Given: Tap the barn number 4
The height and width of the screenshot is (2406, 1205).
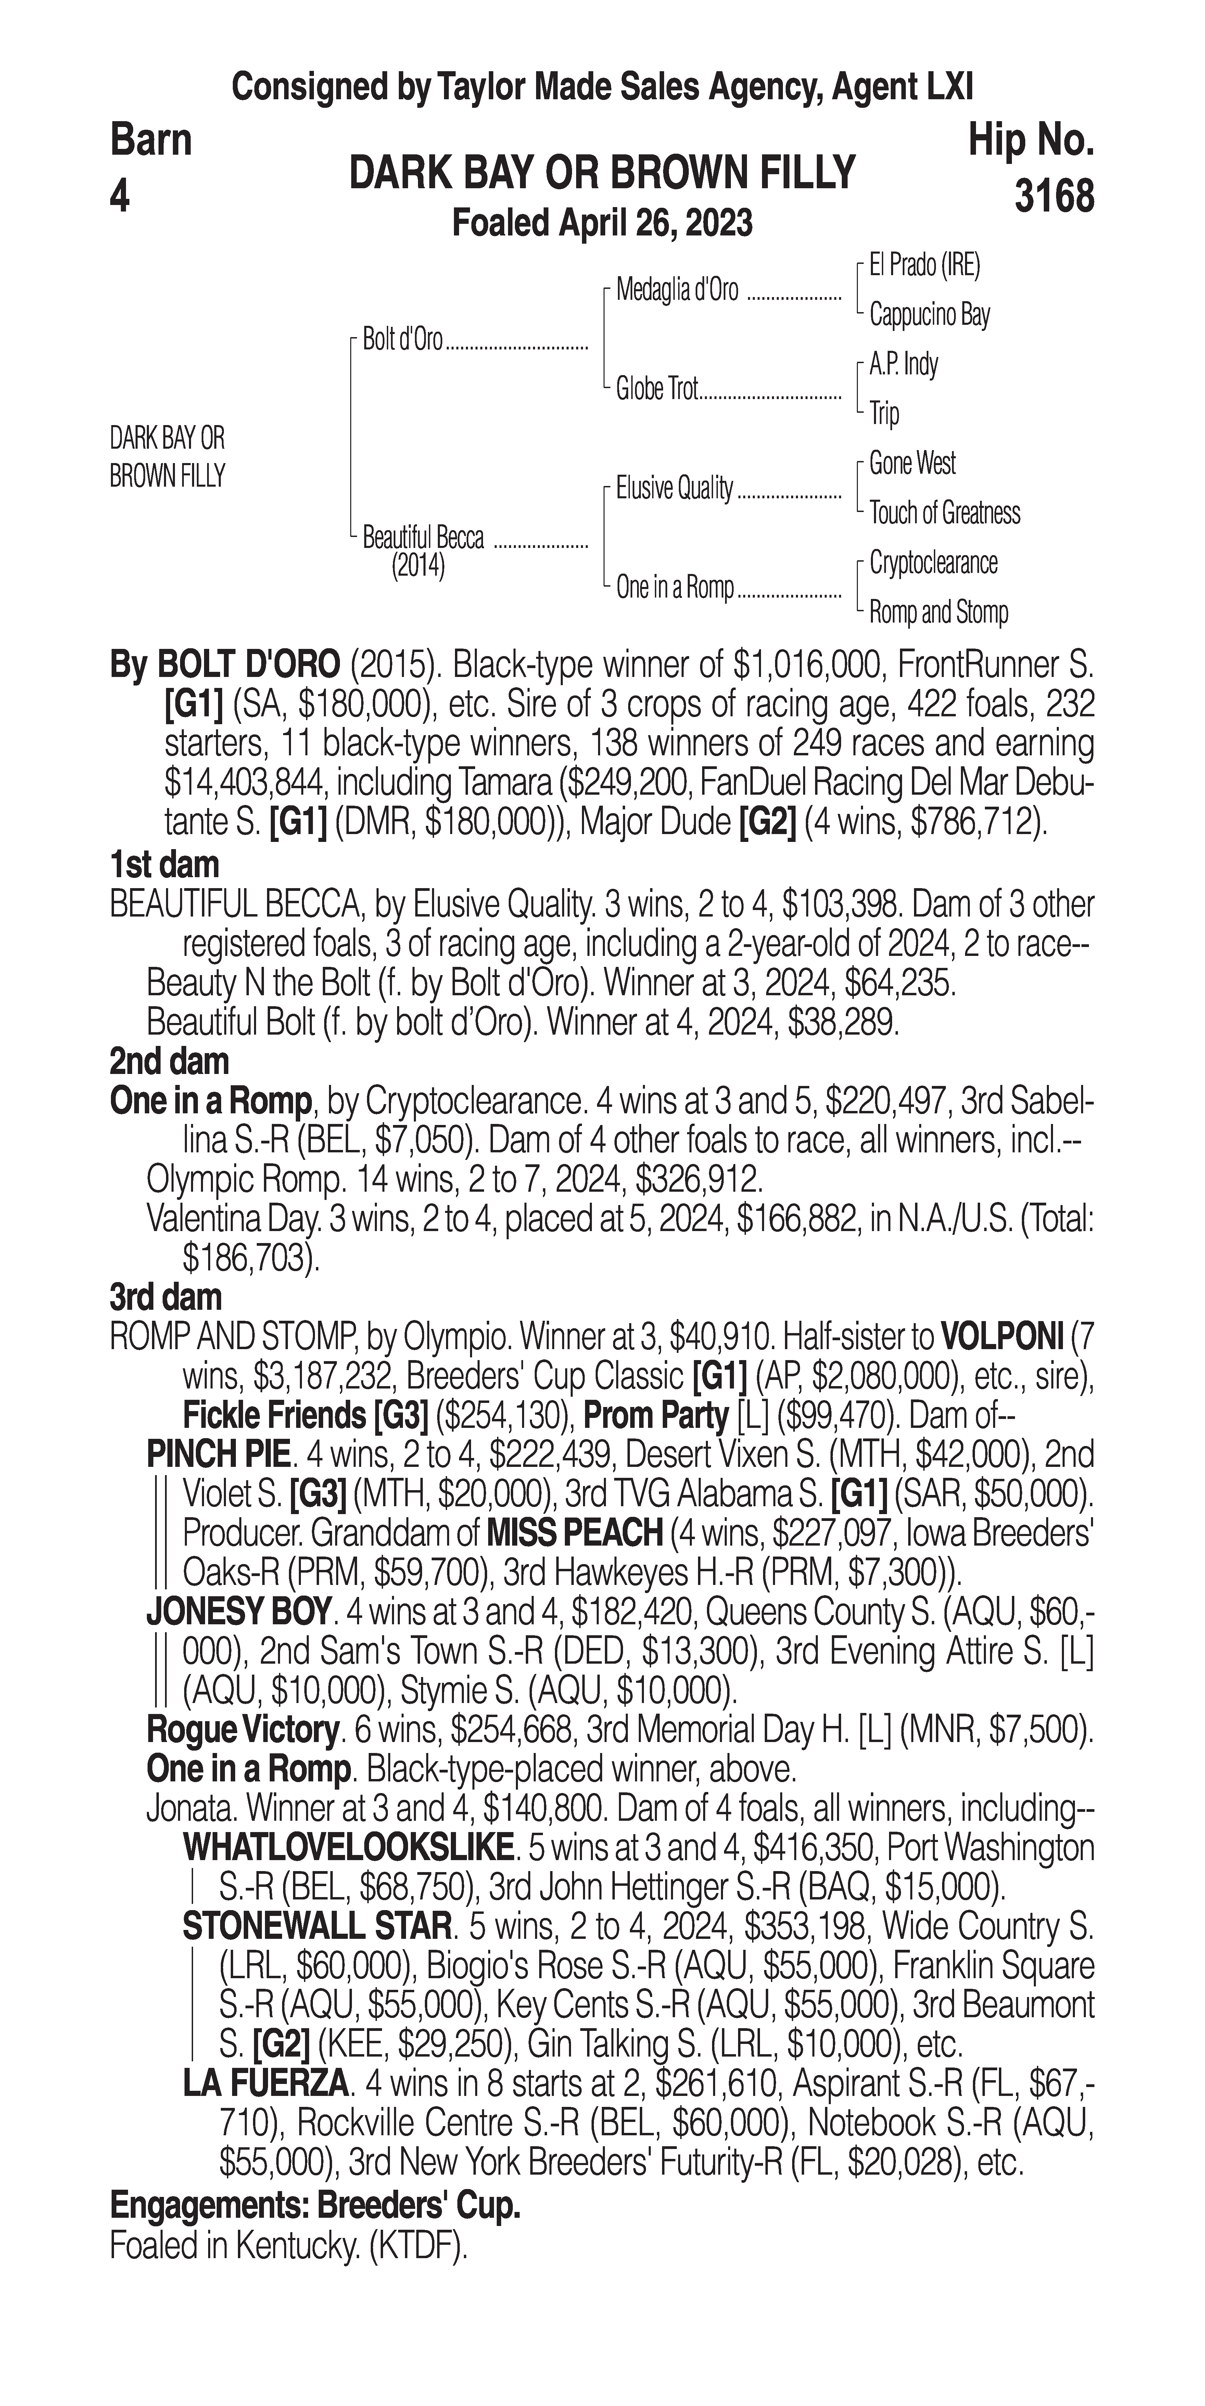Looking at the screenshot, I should tap(119, 197).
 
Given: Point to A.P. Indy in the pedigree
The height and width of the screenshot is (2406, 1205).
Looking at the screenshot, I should tap(903, 364).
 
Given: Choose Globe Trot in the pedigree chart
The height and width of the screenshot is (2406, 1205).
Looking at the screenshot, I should tap(657, 388).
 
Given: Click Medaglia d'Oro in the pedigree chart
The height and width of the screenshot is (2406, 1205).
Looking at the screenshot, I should tap(676, 291).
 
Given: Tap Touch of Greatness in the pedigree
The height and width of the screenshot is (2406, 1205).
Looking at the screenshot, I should tap(944, 513).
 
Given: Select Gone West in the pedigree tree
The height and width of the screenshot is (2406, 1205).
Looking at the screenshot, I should tap(912, 463).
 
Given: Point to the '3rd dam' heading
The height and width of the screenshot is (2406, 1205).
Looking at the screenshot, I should tap(166, 1297).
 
